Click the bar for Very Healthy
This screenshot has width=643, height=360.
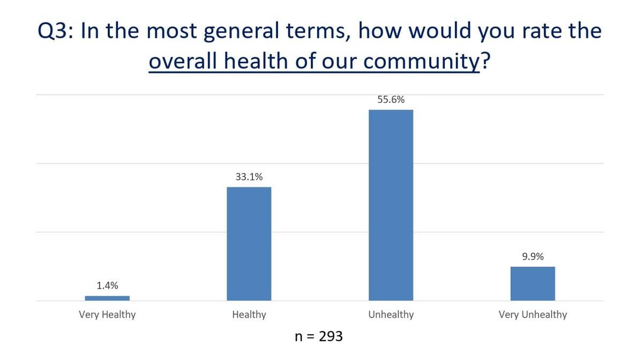click(x=107, y=298)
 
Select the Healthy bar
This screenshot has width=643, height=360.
click(x=249, y=244)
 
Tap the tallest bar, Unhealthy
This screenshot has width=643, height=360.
click(x=391, y=205)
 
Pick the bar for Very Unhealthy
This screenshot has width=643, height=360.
click(x=533, y=283)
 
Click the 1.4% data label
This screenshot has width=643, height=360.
click(x=108, y=286)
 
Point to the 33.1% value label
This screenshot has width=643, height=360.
click(x=249, y=177)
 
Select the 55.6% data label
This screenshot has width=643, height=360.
click(x=391, y=100)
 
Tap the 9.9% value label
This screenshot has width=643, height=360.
click(x=533, y=257)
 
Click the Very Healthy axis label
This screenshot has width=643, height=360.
click(x=107, y=314)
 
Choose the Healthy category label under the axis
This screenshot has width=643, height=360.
click(x=249, y=314)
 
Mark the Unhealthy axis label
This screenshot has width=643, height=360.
click(x=391, y=314)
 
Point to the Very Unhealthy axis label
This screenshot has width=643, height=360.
click(x=533, y=314)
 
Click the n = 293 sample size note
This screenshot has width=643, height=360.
click(x=319, y=336)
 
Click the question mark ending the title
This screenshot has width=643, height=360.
click(x=486, y=61)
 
